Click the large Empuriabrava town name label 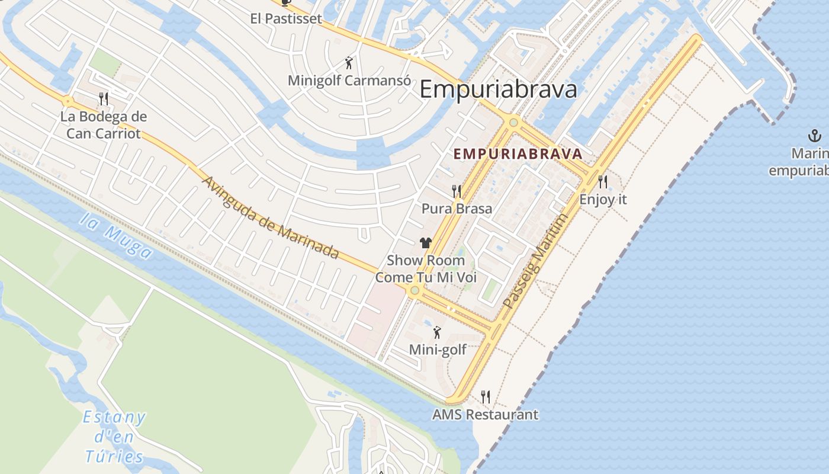pos(498,90)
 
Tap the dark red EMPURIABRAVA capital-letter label pos(518,154)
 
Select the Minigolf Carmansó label pos(349,80)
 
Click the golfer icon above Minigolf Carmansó pos(349,62)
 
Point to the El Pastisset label pos(286,18)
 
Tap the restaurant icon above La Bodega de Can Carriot pos(104,98)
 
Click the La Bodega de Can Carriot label pos(104,125)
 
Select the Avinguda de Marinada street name pos(271,217)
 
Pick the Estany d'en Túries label pos(114,437)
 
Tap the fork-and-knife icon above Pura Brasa pos(457,191)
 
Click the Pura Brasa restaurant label pos(457,209)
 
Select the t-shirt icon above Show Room pos(426,242)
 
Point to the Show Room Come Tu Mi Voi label pos(426,268)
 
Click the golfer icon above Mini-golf pos(437,332)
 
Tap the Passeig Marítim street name pos(535,261)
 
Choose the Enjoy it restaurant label pos(603,199)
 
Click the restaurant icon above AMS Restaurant pos(486,396)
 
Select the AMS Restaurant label pos(486,414)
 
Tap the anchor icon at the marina pos(815,136)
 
